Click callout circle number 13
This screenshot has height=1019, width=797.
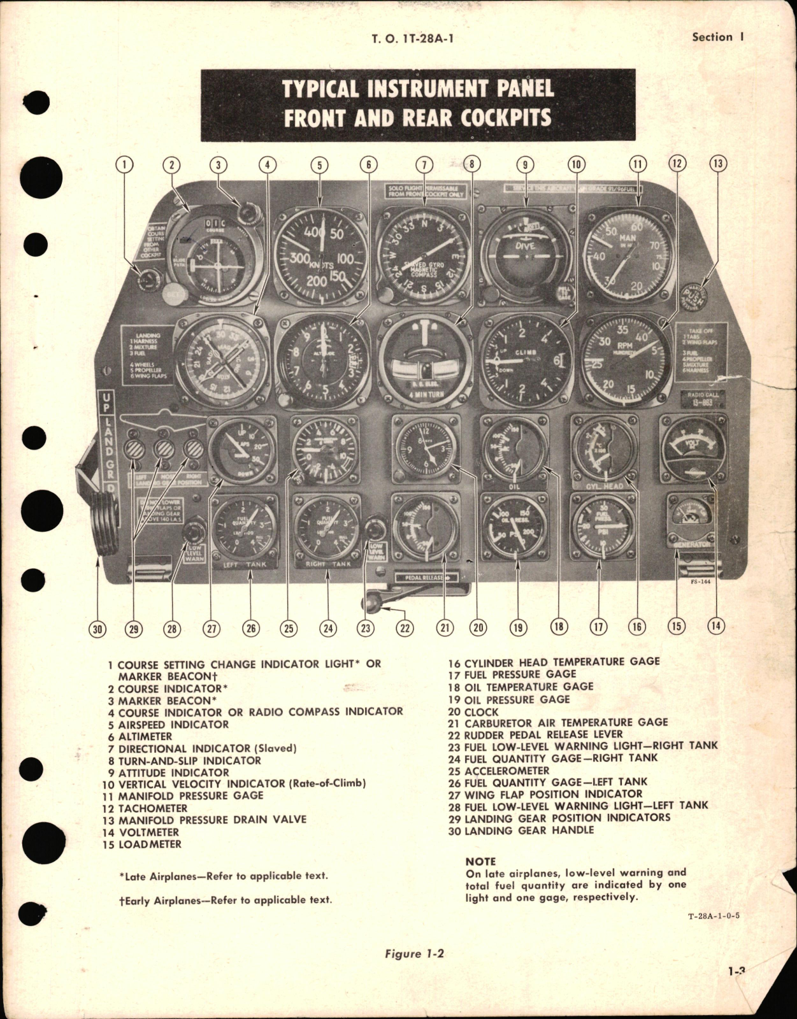(717, 164)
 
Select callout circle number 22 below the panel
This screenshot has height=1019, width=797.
(405, 627)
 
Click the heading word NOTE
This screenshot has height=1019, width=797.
(480, 861)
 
